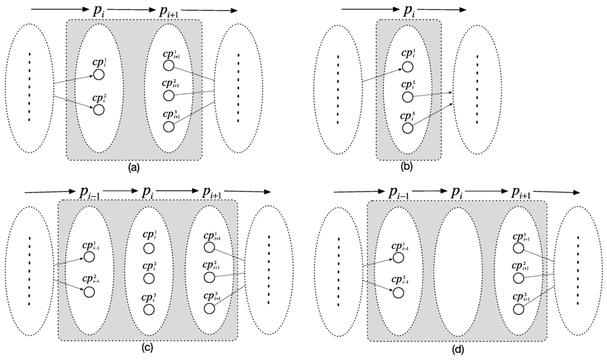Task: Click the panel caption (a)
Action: click(x=133, y=167)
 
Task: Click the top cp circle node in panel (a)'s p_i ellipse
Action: click(x=98, y=75)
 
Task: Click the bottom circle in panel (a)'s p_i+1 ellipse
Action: click(x=170, y=126)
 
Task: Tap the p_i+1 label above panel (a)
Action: click(x=168, y=11)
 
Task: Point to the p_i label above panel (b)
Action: click(x=410, y=11)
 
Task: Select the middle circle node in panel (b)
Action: click(x=407, y=97)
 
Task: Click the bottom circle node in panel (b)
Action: click(x=407, y=128)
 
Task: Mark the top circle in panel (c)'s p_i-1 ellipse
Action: click(x=90, y=257)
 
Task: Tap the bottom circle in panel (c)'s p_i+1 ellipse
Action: click(x=209, y=308)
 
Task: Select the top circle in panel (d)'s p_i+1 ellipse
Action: click(x=519, y=246)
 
